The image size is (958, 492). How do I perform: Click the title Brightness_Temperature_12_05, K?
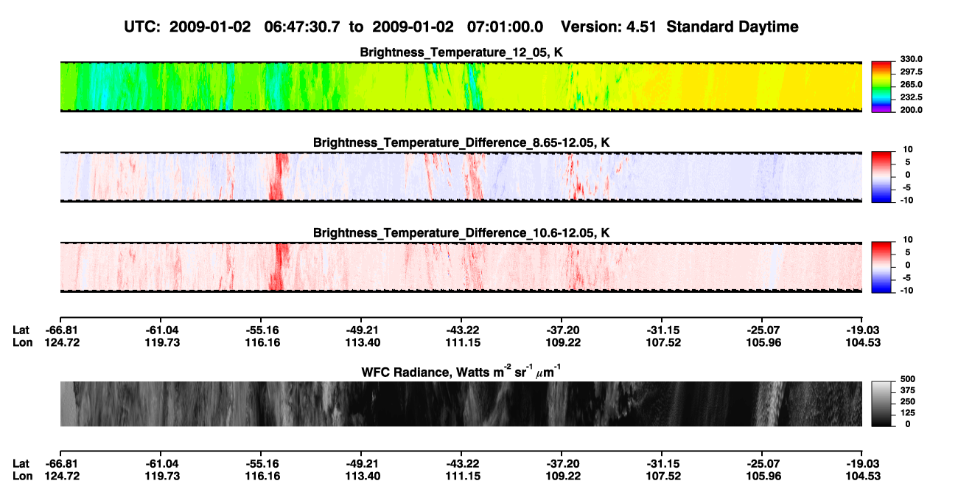point(461,52)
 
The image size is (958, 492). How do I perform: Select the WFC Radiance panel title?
point(461,372)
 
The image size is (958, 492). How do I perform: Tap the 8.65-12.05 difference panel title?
point(461,142)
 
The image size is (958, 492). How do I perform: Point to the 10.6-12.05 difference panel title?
point(461,233)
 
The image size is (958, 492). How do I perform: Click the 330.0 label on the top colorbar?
point(911,59)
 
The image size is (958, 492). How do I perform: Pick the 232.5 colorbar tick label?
point(911,97)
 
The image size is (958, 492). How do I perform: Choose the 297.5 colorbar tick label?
point(911,72)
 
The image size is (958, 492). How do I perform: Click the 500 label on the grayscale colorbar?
point(908,379)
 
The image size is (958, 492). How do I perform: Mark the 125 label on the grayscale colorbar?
point(908,413)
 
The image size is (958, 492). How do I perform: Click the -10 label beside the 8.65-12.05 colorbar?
point(907,200)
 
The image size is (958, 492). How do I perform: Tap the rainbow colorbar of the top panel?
point(881,87)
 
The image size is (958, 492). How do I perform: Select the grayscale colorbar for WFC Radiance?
point(881,403)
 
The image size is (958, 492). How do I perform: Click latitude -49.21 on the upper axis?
point(363,330)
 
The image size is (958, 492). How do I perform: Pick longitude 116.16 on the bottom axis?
point(262,477)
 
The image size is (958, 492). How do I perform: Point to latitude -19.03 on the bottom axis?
point(863,464)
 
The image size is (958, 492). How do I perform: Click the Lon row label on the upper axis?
point(23,342)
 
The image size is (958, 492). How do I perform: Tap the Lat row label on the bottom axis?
point(21,464)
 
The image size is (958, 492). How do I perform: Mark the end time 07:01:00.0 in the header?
point(505,27)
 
